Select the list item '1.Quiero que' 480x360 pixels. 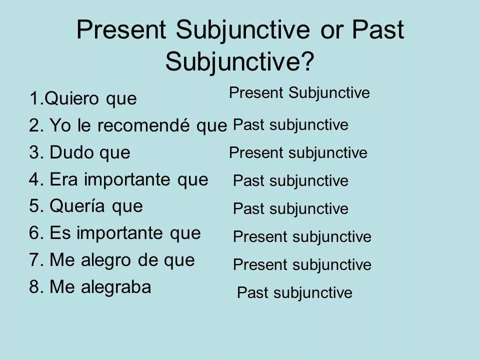pyautogui.click(x=82, y=98)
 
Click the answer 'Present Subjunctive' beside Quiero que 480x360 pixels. pyautogui.click(x=299, y=92)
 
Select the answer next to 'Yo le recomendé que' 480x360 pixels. pyautogui.click(x=290, y=124)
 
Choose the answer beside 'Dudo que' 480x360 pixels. pyautogui.click(x=298, y=152)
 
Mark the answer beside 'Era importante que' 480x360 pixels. pyautogui.click(x=290, y=180)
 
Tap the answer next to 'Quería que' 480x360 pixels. pyautogui.click(x=290, y=208)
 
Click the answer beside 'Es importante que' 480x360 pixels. pyautogui.click(x=302, y=236)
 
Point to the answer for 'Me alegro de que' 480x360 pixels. pyautogui.click(x=302, y=264)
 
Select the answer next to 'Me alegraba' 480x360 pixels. pyautogui.click(x=294, y=292)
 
